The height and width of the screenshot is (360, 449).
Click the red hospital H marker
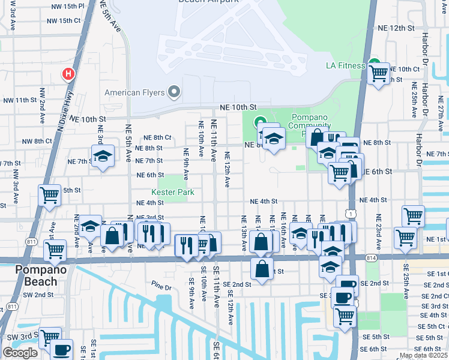pos(68,74)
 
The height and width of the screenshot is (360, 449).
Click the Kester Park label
pos(173,193)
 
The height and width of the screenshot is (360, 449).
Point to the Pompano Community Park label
pos(311,121)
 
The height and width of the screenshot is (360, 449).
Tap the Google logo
pos(20,353)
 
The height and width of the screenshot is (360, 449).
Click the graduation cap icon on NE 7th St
pos(103,157)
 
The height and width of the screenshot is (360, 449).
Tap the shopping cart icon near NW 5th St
pos(49,194)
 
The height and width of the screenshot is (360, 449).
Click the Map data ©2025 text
pos(423,355)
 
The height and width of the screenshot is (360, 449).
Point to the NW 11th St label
pos(21,100)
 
